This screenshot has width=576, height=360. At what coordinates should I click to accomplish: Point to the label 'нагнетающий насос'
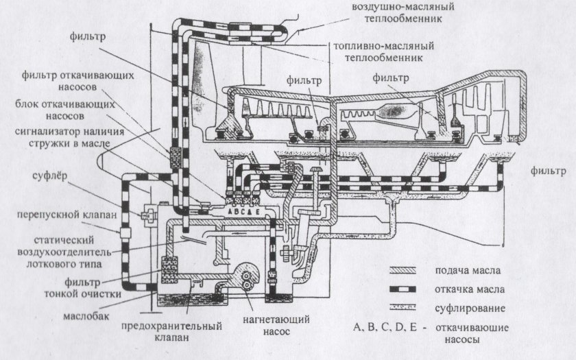(x=284, y=326)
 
